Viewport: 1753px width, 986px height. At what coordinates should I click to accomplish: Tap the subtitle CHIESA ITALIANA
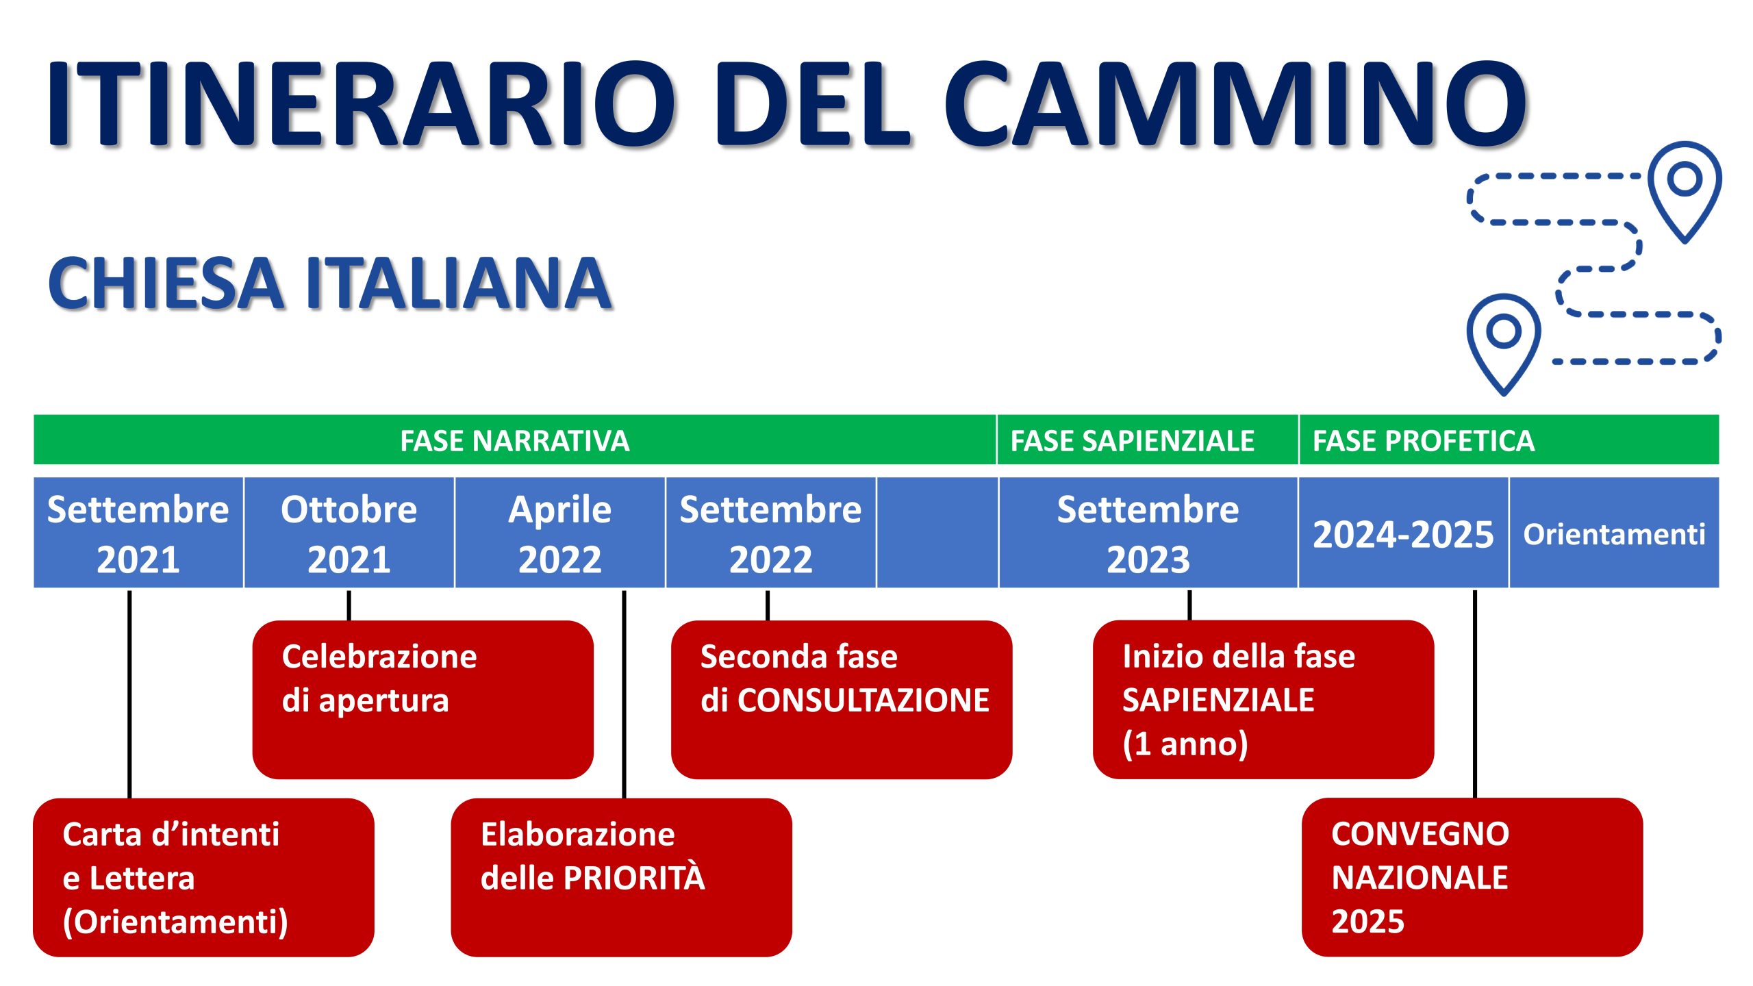329,283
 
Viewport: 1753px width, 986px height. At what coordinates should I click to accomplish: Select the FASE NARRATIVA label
514,440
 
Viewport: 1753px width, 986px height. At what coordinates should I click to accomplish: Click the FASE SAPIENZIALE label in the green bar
1132,440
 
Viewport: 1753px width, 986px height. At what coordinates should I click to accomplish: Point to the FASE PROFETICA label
1423,440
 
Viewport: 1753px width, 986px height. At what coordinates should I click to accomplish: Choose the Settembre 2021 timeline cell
138,533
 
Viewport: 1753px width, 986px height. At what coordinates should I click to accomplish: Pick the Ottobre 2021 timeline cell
349,533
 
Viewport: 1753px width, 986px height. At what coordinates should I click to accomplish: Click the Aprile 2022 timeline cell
560,533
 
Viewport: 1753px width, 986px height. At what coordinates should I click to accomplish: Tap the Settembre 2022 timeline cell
771,533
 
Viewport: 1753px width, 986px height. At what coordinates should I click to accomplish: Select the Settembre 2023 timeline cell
1148,533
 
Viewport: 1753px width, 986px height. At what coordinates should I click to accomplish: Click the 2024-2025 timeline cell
1403,533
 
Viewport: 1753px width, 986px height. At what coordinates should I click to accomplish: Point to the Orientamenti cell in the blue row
1614,533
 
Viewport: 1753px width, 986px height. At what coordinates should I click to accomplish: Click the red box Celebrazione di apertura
423,699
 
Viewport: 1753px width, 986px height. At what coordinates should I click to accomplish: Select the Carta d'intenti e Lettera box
203,877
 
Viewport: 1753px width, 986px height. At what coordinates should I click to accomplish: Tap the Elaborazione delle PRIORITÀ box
621,877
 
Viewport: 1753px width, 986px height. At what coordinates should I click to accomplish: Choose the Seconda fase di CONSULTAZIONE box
842,699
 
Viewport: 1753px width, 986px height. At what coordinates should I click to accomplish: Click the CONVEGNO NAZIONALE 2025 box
1472,877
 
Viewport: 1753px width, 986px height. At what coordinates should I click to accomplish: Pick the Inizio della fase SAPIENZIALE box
1263,699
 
